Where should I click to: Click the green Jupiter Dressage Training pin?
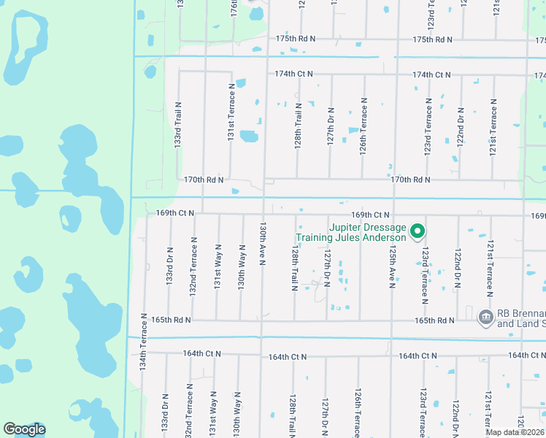coord(418,232)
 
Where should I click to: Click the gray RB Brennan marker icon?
coord(485,317)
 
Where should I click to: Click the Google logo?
coord(24,429)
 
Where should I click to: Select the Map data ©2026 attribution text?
coord(515,432)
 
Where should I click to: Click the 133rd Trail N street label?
coord(177,126)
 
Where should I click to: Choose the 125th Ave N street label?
coord(392,266)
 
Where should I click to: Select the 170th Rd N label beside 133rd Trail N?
coord(204,179)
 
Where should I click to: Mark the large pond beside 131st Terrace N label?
coord(249,136)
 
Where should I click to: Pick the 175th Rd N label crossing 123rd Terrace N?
coord(432,39)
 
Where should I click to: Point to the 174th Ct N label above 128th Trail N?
coord(293,74)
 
